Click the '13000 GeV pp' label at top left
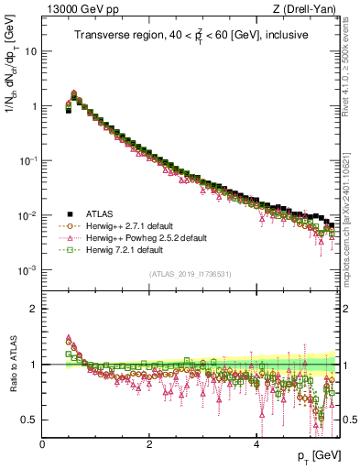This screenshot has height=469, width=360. coord(75,9)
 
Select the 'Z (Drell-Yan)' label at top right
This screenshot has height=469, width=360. coord(308,9)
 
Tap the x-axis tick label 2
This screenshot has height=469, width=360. coord(149,443)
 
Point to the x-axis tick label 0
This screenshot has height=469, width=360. coord(43,443)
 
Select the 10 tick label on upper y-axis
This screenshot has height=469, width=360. coord(31,51)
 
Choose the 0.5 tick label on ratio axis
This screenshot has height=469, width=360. coord(30,420)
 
